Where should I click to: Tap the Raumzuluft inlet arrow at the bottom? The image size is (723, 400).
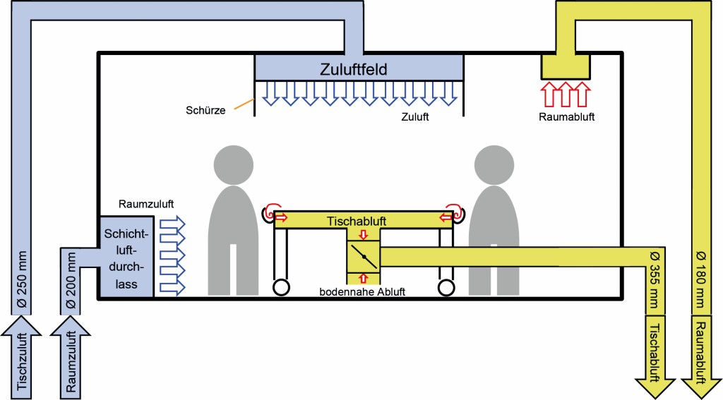[70, 356]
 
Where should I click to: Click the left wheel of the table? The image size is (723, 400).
[281, 288]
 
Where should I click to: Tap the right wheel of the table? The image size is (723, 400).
[446, 288]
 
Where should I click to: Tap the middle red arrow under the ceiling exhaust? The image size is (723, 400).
[564, 94]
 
